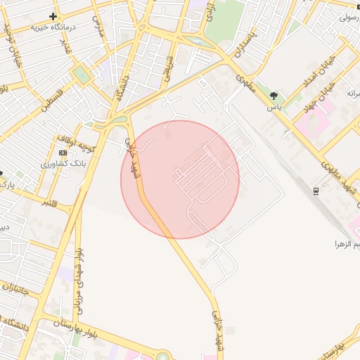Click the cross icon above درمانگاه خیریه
[53, 15]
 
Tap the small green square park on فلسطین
[82, 75]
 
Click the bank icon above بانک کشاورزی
[63, 153]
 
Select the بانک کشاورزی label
[63, 163]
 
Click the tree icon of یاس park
[274, 96]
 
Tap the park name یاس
[274, 108]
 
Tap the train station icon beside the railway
[316, 190]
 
